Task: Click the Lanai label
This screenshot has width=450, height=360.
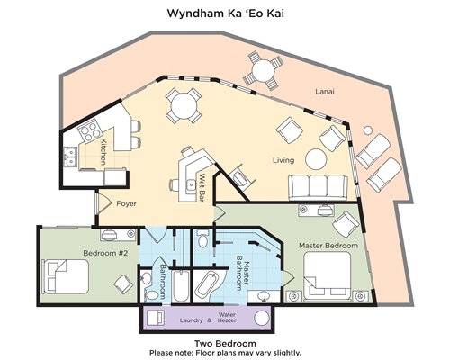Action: click(x=325, y=92)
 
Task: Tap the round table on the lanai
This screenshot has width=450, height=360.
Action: click(x=263, y=71)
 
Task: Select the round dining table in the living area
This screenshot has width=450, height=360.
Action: click(x=184, y=106)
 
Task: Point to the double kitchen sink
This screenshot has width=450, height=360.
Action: click(x=70, y=157)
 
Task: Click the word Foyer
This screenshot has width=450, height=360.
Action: click(x=127, y=203)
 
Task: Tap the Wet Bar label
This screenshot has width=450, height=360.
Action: click(x=202, y=187)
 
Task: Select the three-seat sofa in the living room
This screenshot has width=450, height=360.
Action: click(x=318, y=188)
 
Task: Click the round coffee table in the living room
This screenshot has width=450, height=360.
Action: click(x=316, y=159)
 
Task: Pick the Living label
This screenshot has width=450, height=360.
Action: click(x=283, y=160)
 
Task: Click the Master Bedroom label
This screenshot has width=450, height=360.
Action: click(x=328, y=246)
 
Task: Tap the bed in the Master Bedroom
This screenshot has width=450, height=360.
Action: click(x=328, y=275)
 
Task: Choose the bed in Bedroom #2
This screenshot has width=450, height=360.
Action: click(x=67, y=276)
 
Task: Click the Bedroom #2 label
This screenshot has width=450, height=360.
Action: click(x=105, y=253)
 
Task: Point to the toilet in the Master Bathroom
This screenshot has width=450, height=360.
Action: click(x=203, y=238)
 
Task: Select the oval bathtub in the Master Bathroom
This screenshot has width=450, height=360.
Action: click(x=206, y=284)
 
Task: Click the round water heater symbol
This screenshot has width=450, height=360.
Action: click(x=262, y=319)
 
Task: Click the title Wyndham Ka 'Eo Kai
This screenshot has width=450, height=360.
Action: click(x=225, y=13)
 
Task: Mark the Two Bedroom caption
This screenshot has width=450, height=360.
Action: click(x=225, y=343)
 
